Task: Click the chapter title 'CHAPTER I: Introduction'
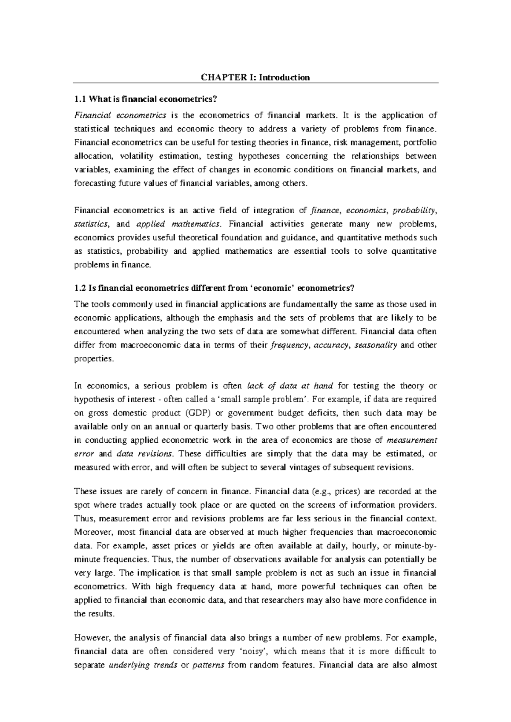click(x=255, y=77)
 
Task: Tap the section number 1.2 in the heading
click(x=80, y=288)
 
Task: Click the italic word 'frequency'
click(x=290, y=345)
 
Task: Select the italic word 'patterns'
click(x=209, y=665)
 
